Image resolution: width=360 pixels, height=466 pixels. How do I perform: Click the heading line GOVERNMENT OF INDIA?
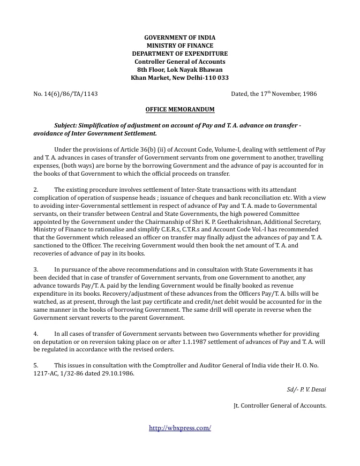(179, 37)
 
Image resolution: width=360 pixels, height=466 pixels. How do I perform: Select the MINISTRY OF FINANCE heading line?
(179, 46)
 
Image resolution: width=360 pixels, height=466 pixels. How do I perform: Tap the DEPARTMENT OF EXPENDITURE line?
(179, 54)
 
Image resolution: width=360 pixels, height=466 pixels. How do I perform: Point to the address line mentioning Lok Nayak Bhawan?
(179, 70)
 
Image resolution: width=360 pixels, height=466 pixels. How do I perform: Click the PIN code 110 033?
(214, 78)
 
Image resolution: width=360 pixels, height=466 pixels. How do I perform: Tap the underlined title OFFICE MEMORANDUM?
(179, 109)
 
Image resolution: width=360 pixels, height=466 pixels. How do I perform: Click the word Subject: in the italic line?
(68, 125)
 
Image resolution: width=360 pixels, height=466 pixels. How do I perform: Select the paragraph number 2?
(36, 190)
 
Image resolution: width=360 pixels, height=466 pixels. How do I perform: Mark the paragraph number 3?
(36, 270)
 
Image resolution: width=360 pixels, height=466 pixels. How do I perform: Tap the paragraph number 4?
(36, 334)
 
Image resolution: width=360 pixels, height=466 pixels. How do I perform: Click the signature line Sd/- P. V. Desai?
(306, 389)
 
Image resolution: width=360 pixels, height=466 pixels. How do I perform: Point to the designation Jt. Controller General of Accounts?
(280, 405)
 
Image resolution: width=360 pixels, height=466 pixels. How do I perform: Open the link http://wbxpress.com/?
(179, 428)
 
